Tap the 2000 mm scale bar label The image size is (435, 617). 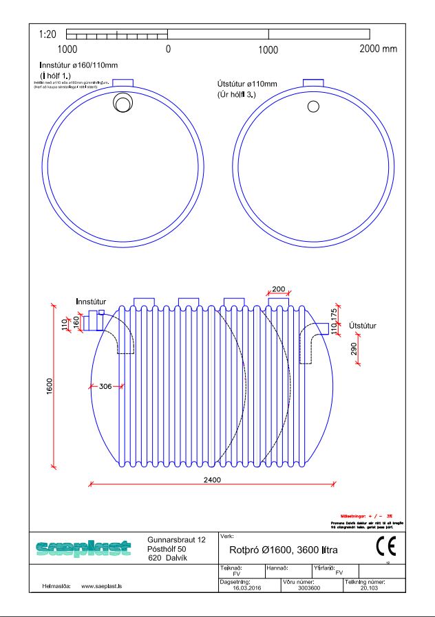[x=378, y=49]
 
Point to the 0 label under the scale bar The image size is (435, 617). [x=168, y=50]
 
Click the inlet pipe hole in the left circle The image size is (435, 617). [x=123, y=104]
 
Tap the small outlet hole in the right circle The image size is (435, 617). [x=313, y=106]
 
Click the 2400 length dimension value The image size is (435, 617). [x=212, y=480]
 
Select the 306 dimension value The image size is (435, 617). [x=105, y=387]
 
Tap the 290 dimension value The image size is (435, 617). [x=354, y=348]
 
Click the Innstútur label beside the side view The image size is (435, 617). [x=92, y=302]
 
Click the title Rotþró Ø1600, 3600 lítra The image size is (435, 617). [x=283, y=550]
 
